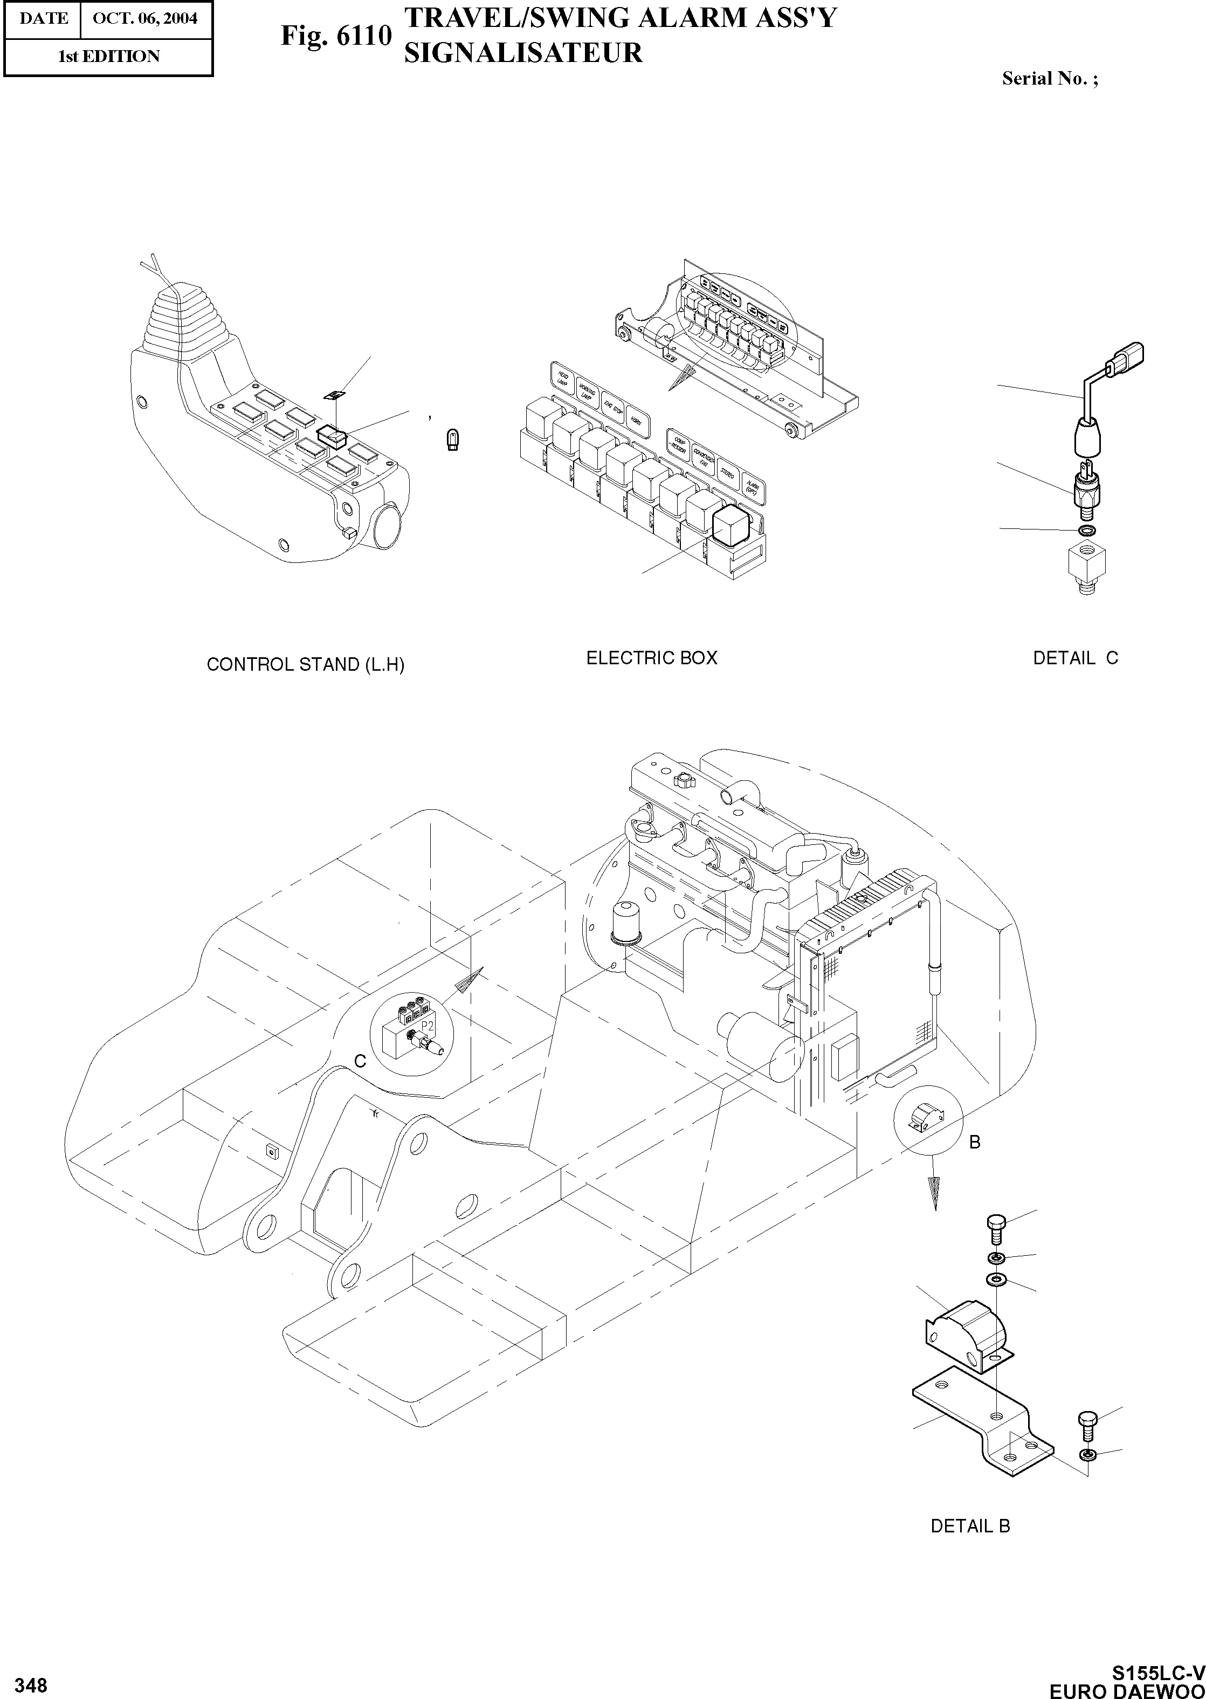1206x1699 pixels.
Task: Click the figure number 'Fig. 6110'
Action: (x=335, y=36)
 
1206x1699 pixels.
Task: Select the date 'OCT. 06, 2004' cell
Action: (x=145, y=18)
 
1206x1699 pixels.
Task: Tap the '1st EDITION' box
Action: (x=108, y=57)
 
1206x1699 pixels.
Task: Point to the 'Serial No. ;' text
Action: (x=1049, y=78)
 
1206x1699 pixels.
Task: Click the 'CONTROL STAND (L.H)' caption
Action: (x=305, y=665)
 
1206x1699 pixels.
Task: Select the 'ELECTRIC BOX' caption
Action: (x=651, y=658)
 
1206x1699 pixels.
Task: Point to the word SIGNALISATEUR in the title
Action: (x=523, y=53)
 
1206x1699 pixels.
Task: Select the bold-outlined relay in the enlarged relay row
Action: (x=729, y=526)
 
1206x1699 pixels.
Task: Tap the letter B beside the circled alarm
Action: (x=975, y=1143)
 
